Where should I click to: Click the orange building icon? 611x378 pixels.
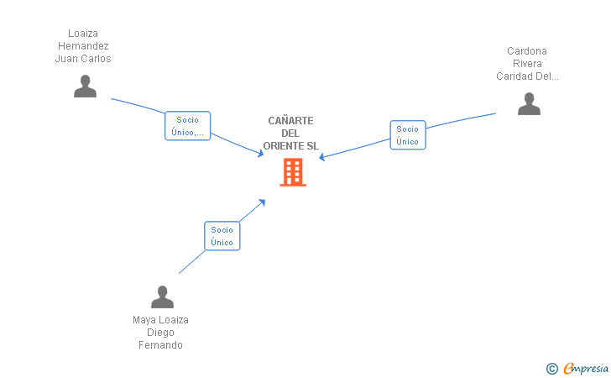[x=293, y=172]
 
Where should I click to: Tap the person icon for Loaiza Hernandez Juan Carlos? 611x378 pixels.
[x=85, y=87]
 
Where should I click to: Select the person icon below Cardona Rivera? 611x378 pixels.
[x=529, y=104]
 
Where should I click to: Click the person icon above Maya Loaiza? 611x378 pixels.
[x=162, y=297]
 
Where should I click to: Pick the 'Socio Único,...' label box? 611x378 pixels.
[x=187, y=126]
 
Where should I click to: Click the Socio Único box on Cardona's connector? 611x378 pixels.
[x=408, y=135]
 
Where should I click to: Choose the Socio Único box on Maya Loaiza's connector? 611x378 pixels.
[x=222, y=236]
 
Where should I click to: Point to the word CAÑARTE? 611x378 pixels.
[x=290, y=120]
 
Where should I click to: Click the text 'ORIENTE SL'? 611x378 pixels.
[x=290, y=146]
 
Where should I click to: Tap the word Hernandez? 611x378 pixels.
[x=83, y=46]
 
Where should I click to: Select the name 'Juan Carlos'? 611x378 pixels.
[x=83, y=59]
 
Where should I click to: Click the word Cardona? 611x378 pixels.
[x=527, y=51]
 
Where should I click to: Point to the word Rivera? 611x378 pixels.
[x=527, y=64]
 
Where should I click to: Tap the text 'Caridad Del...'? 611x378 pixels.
[x=527, y=76]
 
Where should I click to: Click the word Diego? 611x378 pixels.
[x=160, y=333]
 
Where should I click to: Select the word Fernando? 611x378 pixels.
[x=160, y=345]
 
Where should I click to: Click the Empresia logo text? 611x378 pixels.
[x=586, y=368]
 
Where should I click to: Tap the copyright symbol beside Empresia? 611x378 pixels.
[x=552, y=369]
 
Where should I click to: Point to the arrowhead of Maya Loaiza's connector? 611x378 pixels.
[x=262, y=202]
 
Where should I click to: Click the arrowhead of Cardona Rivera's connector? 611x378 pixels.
[x=322, y=157]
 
